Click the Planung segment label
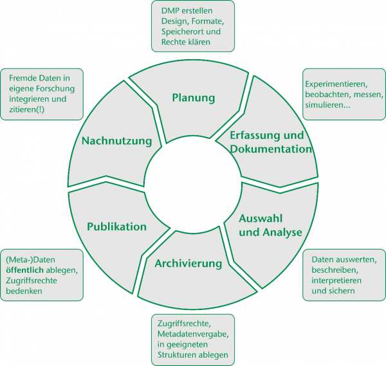point(193,98)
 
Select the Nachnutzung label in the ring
point(117,141)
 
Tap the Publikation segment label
point(117,226)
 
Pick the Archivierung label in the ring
point(188,263)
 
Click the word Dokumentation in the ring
point(271,149)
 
